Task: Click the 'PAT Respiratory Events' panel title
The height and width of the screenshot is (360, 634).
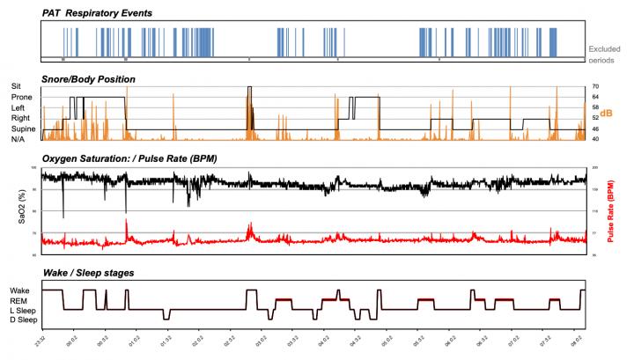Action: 104,13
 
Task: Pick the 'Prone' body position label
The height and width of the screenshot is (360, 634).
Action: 22,97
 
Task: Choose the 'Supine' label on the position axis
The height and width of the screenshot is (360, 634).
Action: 24,129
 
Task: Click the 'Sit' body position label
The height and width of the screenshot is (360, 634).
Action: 17,86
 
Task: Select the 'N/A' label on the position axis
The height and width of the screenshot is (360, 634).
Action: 18,139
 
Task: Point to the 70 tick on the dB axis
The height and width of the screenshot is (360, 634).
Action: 595,86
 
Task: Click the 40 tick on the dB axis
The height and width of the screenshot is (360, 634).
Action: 595,139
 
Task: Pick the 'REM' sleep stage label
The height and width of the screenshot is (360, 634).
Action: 20,300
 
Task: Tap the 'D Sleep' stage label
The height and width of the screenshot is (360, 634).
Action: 25,320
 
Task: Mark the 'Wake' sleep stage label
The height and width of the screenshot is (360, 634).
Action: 21,290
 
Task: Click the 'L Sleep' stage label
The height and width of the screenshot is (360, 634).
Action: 25,310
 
